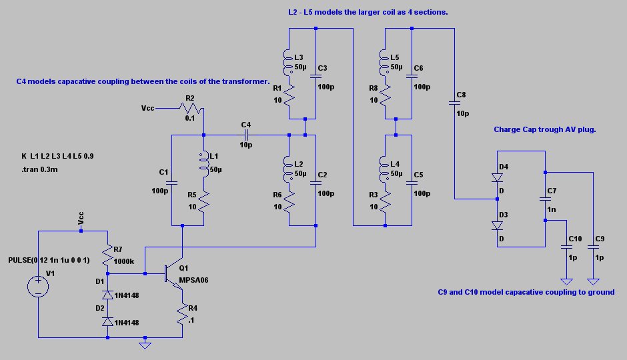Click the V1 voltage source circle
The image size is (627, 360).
tap(38, 287)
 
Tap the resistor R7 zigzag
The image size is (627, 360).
tap(107, 256)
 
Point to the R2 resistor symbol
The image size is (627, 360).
tap(191, 108)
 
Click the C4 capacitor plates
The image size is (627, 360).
tap(246, 135)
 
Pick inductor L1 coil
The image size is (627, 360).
tap(204, 164)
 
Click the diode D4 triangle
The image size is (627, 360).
tap(497, 177)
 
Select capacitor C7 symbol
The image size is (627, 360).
tap(545, 199)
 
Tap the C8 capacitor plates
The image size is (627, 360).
tap(454, 103)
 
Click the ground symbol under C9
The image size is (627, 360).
tap(593, 282)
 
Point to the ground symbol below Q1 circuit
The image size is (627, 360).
tap(145, 345)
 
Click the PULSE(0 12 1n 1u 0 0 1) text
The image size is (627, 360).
tap(49, 260)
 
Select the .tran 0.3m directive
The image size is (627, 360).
tap(39, 169)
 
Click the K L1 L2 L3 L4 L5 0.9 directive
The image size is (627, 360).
tap(57, 156)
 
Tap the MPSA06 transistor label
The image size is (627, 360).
tap(193, 280)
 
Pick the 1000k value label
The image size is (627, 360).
tap(124, 261)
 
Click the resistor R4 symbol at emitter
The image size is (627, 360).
tap(182, 314)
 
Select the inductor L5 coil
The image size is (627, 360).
tap(384, 62)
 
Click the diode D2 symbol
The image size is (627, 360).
tap(107, 321)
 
